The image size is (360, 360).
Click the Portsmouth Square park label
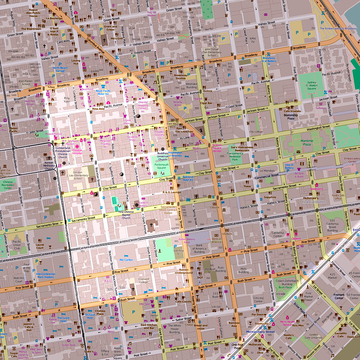(x=162, y=166)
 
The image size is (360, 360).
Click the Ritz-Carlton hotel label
(x=126, y=260)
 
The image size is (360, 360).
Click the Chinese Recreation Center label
(x=8, y=184)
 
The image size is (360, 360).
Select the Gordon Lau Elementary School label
(x=83, y=176)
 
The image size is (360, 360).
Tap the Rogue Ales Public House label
(x=33, y=13)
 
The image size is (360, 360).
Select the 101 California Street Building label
(x=333, y=225)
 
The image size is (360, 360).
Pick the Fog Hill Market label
(x=152, y=14)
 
